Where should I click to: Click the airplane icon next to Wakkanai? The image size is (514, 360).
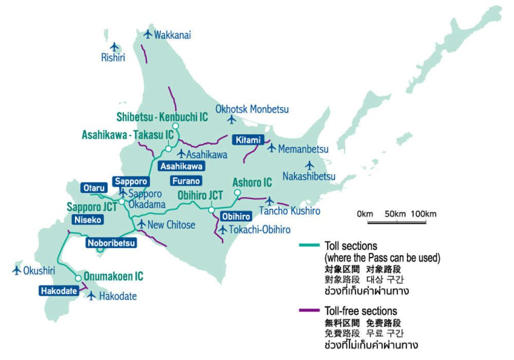(x=148, y=35)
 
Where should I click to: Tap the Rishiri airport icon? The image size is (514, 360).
(x=114, y=47)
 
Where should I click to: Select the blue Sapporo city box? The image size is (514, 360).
(x=131, y=182)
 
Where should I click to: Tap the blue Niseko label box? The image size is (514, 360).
(x=88, y=220)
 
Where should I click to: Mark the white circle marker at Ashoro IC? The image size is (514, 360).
(x=237, y=193)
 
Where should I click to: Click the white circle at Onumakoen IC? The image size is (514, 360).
(x=78, y=278)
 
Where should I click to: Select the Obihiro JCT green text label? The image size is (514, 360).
(x=200, y=195)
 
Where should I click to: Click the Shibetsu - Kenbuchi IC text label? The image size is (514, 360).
(x=162, y=117)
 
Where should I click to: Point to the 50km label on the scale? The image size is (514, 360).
(x=396, y=214)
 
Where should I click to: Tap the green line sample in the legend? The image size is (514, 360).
(x=310, y=246)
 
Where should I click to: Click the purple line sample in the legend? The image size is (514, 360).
(x=310, y=311)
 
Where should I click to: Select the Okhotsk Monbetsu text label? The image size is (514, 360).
(x=252, y=109)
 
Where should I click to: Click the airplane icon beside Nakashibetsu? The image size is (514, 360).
(x=309, y=166)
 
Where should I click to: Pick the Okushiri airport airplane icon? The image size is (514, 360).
(x=16, y=270)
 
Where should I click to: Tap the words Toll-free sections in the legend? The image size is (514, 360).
(x=360, y=311)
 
